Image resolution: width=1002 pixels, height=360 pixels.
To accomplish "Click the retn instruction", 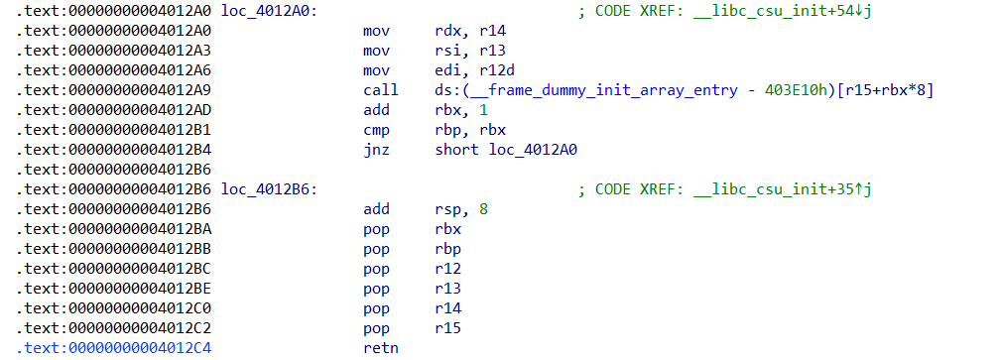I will coord(380,348).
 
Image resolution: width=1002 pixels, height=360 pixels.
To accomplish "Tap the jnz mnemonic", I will coord(376,150).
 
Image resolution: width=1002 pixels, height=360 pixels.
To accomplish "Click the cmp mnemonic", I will coord(376,130).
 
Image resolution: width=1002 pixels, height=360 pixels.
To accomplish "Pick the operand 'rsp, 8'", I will coord(463,209).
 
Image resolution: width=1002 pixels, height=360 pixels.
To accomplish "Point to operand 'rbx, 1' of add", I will coord(459,110).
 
